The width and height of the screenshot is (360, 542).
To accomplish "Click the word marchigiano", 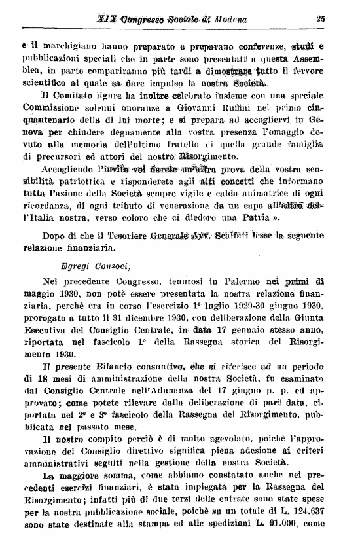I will pyautogui.click(x=63, y=46).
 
